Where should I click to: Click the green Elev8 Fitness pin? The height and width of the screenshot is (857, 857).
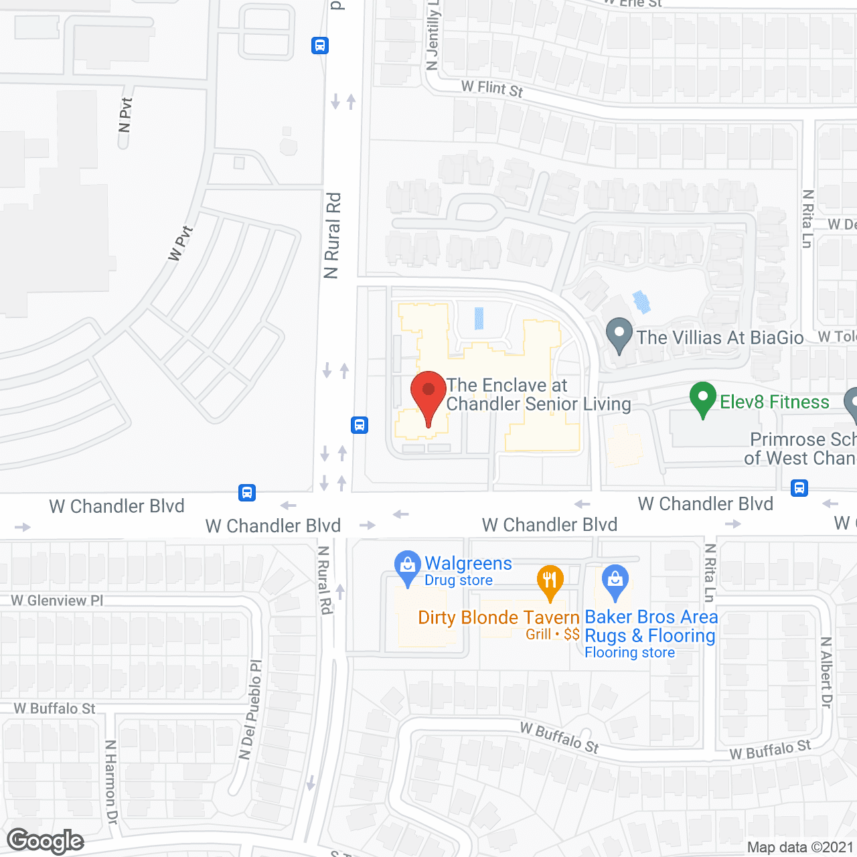pyautogui.click(x=703, y=398)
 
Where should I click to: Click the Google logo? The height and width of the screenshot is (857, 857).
pyautogui.click(x=46, y=841)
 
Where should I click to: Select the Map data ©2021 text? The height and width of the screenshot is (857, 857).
pyautogui.click(x=800, y=847)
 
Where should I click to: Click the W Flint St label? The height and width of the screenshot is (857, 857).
pyautogui.click(x=491, y=88)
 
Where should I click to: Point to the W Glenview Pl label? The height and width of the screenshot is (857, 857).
pyautogui.click(x=57, y=601)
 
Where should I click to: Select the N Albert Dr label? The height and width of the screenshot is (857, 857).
pyautogui.click(x=827, y=673)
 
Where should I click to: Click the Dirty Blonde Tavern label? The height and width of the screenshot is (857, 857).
pyautogui.click(x=499, y=617)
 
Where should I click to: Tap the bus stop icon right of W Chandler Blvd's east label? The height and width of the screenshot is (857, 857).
pyautogui.click(x=799, y=487)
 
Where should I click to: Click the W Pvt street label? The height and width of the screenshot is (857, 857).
pyautogui.click(x=180, y=244)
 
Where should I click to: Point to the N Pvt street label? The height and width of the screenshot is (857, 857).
pyautogui.click(x=125, y=115)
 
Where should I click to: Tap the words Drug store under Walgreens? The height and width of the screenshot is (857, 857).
pyautogui.click(x=459, y=580)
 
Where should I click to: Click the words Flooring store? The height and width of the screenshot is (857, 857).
pyautogui.click(x=629, y=653)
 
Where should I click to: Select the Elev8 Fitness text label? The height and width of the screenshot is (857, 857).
pyautogui.click(x=774, y=402)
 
